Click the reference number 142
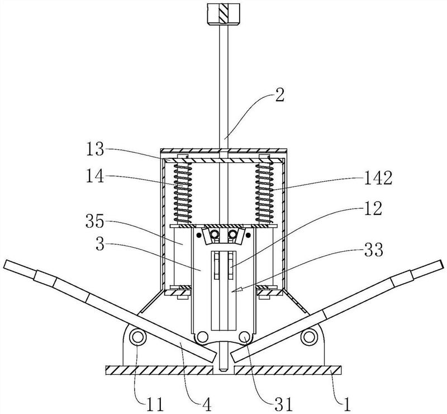378,178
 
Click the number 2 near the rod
279,96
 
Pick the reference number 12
372,209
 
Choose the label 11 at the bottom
155,404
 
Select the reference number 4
206,404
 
